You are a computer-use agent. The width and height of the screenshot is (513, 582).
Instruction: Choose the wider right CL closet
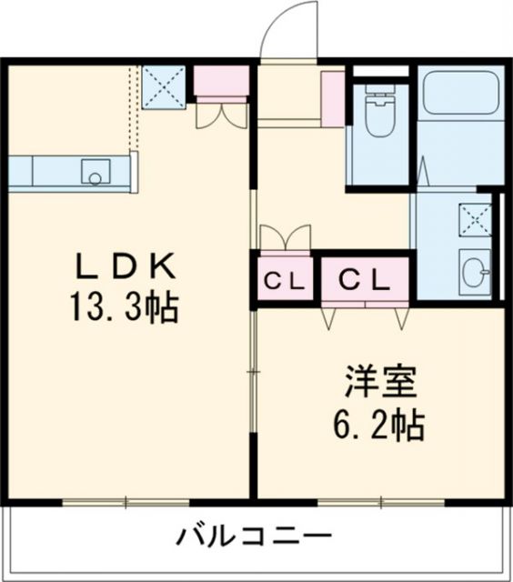(x=365, y=280)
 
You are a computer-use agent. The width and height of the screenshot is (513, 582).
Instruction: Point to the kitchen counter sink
(x=96, y=172)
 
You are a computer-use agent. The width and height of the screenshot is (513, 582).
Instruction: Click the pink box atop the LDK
(x=221, y=83)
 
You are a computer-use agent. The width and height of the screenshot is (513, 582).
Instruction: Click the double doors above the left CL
(x=286, y=237)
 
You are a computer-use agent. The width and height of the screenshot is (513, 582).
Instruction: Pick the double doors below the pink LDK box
(x=221, y=114)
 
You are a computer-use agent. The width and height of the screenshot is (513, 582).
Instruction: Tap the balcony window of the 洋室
(x=381, y=501)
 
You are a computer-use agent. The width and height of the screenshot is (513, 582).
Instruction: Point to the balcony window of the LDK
(x=126, y=501)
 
